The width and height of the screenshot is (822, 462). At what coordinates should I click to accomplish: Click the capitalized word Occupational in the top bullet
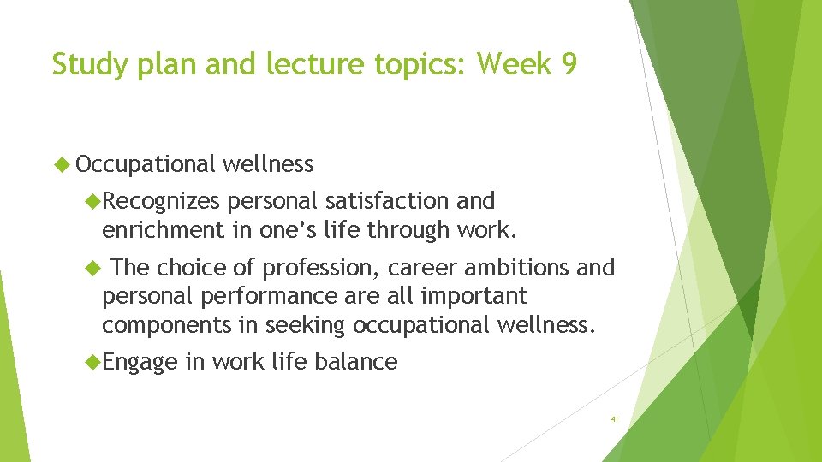(x=146, y=164)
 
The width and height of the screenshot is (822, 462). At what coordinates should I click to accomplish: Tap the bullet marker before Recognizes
(x=92, y=201)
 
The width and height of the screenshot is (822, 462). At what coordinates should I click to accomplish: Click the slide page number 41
(x=614, y=420)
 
